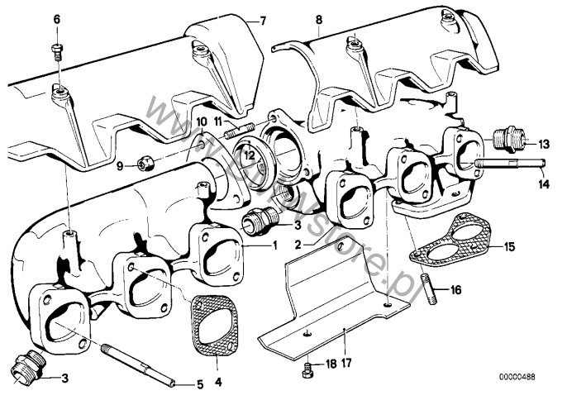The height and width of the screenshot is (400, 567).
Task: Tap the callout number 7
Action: pyautogui.click(x=263, y=19)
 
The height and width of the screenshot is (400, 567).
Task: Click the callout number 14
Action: pyautogui.click(x=542, y=183)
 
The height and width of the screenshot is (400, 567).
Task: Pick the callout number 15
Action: pyautogui.click(x=510, y=246)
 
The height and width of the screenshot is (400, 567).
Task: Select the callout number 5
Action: pyautogui.click(x=198, y=383)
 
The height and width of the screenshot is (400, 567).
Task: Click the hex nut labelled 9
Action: pyautogui.click(x=142, y=165)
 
